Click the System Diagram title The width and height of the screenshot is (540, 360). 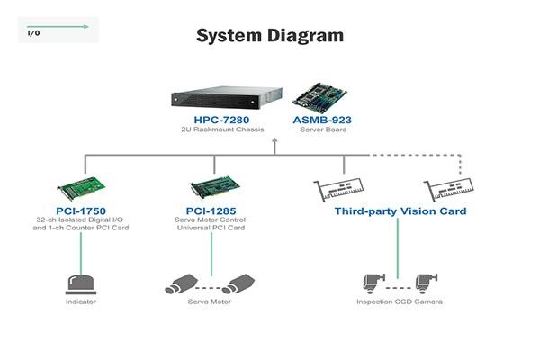tap(270, 36)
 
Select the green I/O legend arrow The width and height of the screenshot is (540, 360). tap(58, 26)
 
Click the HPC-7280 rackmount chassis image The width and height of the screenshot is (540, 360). tap(227, 97)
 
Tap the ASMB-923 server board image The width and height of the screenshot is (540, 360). tap(319, 98)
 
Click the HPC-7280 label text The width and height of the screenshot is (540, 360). tap(221, 120)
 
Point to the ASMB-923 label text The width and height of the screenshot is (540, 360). tap(322, 120)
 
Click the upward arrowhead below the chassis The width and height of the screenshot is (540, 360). tap(274, 140)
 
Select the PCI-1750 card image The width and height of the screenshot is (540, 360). tap(81, 188)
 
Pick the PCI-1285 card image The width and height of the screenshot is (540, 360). tap(214, 188)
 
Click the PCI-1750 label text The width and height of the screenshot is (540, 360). tap(81, 211)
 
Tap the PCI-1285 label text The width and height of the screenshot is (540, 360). tap(211, 211)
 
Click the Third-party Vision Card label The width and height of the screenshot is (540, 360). tap(400, 211)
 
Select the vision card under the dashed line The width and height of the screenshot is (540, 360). tap(449, 190)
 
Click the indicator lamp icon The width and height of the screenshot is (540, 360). tap(81, 284)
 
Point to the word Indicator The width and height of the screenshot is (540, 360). tap(81, 301)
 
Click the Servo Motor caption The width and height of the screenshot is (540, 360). tap(210, 301)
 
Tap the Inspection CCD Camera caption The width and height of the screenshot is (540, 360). tap(400, 301)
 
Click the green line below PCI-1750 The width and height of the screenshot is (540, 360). tap(81, 254)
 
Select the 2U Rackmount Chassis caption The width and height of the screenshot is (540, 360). tap(222, 130)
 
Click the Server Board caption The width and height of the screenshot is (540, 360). tap(323, 130)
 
